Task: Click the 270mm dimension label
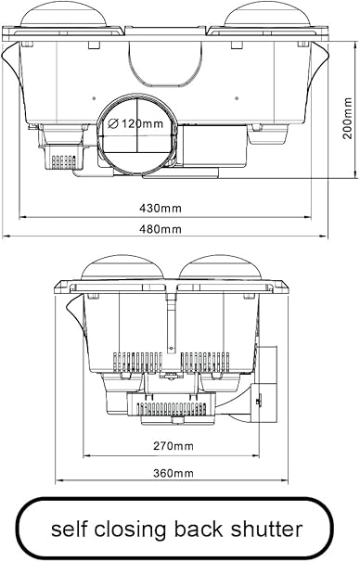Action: click(174, 446)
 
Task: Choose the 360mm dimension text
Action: click(174, 474)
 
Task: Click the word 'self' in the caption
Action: click(71, 529)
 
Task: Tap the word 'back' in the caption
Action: click(209, 529)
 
